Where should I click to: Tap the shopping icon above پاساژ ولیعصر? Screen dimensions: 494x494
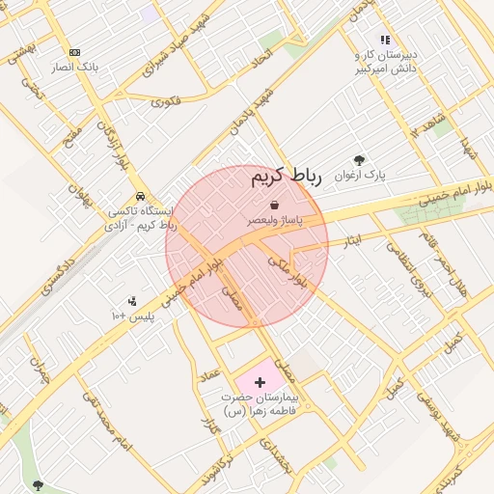275,205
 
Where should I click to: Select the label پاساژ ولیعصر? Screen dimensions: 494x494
275,221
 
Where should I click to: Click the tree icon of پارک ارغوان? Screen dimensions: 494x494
360,160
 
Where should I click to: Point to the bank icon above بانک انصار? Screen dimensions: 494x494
75,53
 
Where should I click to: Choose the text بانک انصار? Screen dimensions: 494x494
76,68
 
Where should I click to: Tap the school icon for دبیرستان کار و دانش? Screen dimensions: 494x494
385,41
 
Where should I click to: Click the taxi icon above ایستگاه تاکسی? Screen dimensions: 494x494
141,193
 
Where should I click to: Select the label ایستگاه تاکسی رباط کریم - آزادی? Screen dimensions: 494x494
141,217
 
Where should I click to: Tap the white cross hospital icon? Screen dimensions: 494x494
259,382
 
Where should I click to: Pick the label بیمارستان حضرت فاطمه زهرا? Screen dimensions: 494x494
260,404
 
